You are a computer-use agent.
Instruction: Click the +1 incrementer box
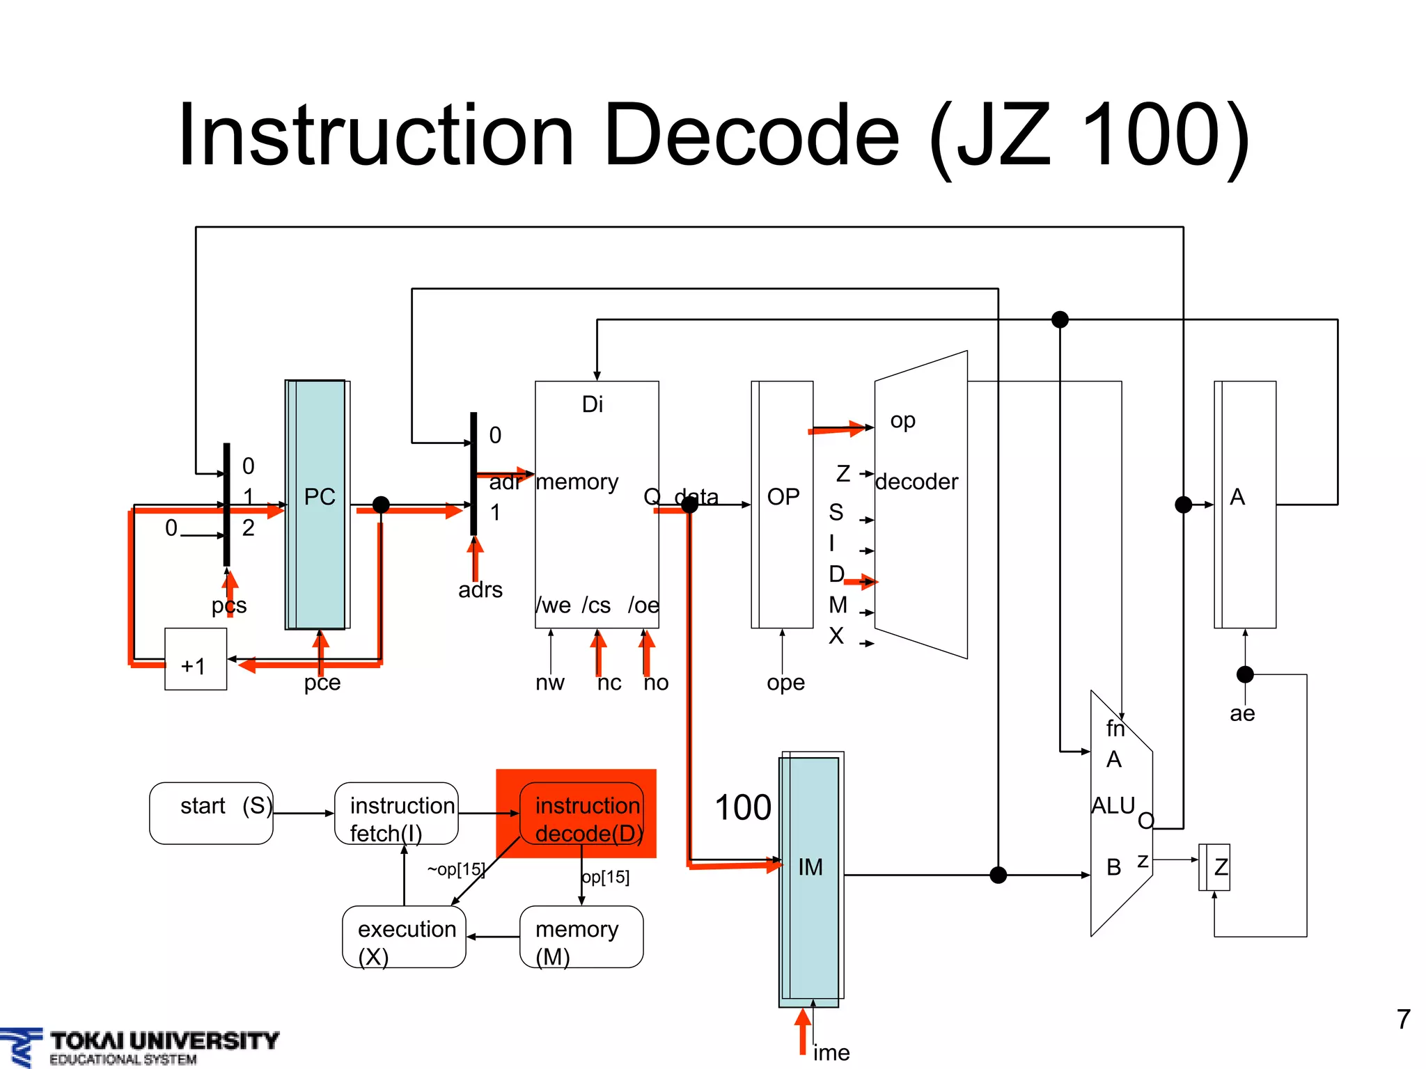coord(195,659)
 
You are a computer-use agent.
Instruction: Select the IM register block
coord(810,878)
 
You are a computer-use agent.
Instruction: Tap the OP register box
coord(783,504)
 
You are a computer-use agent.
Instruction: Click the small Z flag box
coord(1215,866)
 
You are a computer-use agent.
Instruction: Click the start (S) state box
coord(211,813)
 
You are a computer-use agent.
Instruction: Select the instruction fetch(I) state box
coord(396,813)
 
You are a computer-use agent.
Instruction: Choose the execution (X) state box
coord(404,937)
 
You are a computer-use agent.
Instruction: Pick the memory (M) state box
coord(581,937)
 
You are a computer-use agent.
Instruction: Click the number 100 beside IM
coord(742,808)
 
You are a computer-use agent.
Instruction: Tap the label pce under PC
coord(322,683)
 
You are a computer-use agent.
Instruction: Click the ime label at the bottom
coord(831,1052)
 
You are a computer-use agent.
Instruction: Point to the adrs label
coord(480,590)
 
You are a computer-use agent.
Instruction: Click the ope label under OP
coord(785,683)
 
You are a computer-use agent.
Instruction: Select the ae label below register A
coord(1242,713)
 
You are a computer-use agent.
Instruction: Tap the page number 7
coord(1403,1020)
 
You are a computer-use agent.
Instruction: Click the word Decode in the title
coord(752,135)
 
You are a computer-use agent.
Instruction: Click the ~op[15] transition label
coord(455,869)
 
